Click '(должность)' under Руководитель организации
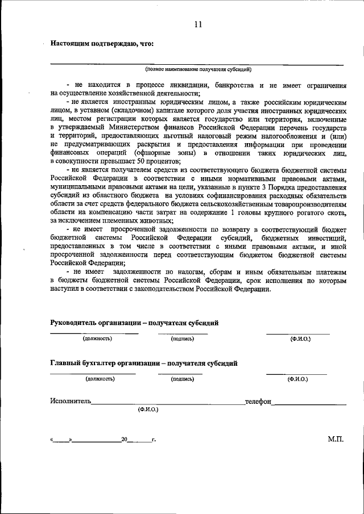97,339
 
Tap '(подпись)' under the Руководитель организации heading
183,339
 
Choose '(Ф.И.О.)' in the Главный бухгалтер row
297,378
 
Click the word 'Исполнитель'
70,401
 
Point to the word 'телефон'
258,401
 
